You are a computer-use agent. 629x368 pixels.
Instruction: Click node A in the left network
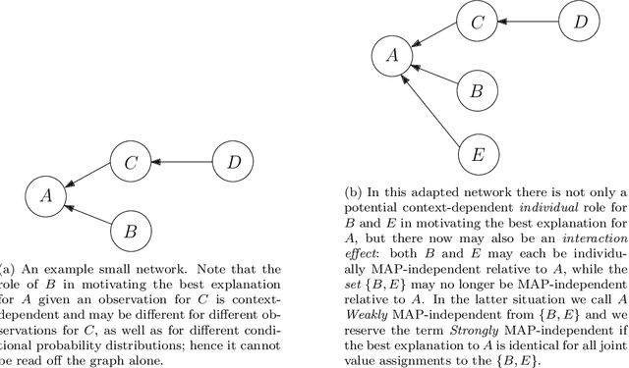click(x=44, y=195)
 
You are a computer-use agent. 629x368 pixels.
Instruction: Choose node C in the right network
click(x=477, y=20)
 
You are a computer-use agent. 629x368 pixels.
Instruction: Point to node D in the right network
click(x=581, y=20)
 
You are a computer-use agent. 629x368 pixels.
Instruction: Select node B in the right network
click(x=477, y=91)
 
